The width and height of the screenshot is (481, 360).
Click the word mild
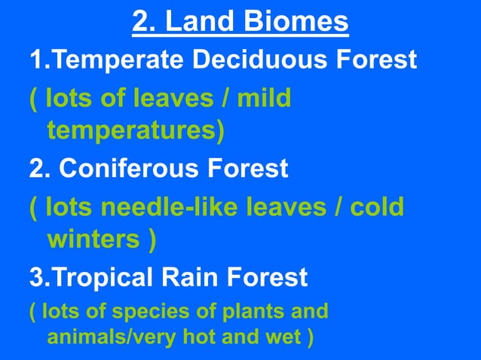[263, 98]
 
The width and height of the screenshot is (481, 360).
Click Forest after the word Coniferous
[253, 168]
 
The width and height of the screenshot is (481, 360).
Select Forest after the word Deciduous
[376, 59]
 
